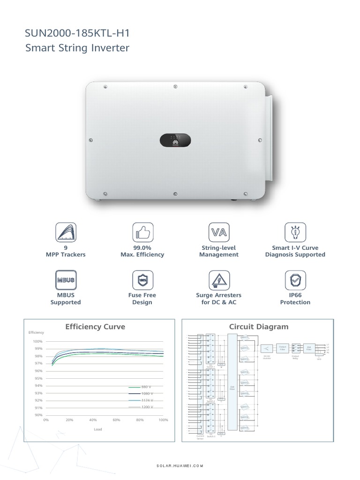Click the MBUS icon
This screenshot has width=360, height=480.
point(65,280)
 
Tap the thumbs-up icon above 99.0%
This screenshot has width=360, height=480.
point(142,232)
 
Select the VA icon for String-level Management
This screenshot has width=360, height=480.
point(218,232)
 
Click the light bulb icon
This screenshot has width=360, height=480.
point(295,232)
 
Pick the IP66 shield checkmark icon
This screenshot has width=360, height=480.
point(295,280)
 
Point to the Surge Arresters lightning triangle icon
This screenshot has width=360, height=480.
point(218,280)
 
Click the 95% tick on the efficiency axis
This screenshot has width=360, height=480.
point(38,378)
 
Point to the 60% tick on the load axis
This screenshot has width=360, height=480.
point(117,420)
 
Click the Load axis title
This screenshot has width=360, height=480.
point(97,429)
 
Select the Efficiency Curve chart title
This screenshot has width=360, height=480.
point(95,327)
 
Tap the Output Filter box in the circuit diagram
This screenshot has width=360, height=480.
point(282,348)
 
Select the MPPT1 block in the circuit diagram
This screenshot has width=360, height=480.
point(245,337)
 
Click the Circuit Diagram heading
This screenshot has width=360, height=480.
point(259,327)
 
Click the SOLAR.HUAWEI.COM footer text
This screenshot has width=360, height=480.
point(180,466)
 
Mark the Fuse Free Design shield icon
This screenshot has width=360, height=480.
point(142,280)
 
